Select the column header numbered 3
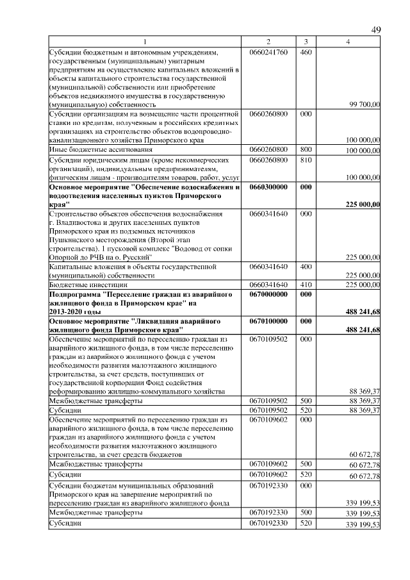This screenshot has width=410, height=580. pos(306,42)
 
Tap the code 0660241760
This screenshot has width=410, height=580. pos(268,51)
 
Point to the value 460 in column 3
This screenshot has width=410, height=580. pos(306,51)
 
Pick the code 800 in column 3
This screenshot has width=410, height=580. pos(306,149)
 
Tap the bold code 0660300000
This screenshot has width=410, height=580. pos(268,186)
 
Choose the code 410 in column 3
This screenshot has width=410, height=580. pos(306,284)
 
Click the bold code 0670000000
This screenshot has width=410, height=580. pos(268,294)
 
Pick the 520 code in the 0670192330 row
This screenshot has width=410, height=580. pos(306,524)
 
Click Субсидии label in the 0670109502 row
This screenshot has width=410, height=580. pos(65,410)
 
